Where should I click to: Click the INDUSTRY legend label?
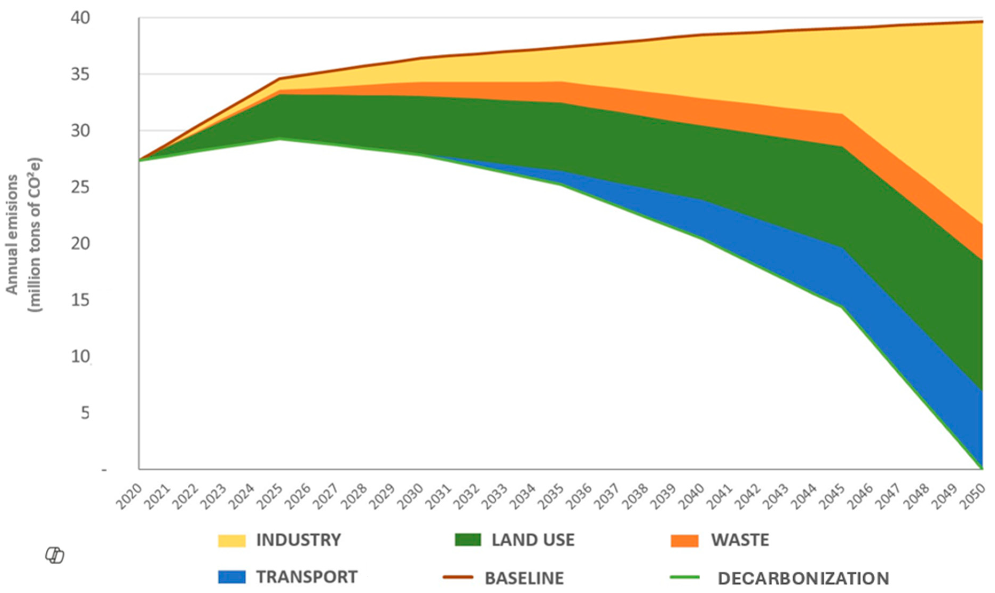(x=298, y=540)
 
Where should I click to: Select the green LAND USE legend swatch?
(x=468, y=540)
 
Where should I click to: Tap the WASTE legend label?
(x=740, y=540)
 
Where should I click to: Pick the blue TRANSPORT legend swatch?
(x=232, y=577)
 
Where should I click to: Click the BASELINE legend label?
(x=524, y=578)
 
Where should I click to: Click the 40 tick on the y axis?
(x=80, y=18)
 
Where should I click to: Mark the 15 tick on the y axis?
(x=80, y=300)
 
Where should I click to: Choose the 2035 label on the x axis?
(x=551, y=497)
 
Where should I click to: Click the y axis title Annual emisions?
(x=12, y=235)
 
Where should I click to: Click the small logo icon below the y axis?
(x=55, y=556)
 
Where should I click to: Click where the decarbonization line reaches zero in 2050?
(x=982, y=468)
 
